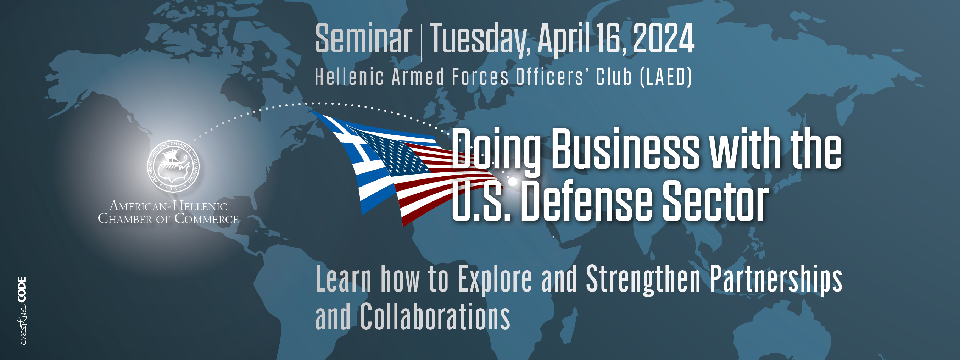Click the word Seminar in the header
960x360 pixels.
tap(363, 38)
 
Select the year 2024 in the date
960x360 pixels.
tap(663, 38)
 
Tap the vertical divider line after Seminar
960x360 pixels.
tap(421, 42)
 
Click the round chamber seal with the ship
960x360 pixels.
tap(173, 166)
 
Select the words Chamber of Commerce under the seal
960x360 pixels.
tap(168, 219)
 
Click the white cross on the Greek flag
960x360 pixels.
tap(352, 144)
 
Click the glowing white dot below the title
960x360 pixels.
tap(513, 182)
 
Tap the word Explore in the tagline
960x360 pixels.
tap(495, 279)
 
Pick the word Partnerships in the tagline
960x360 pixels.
tap(776, 279)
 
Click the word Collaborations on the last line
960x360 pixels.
tap(435, 316)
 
